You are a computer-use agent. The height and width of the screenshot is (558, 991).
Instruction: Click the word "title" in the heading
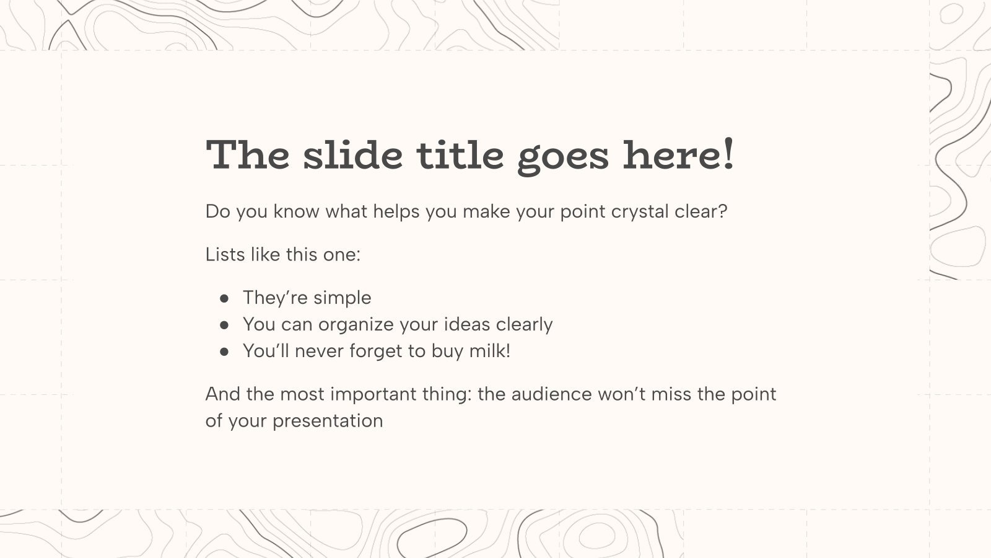coord(460,154)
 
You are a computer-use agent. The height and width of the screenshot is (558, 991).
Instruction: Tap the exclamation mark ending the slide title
coord(728,153)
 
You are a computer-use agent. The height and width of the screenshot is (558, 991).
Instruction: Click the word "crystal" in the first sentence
coord(640,212)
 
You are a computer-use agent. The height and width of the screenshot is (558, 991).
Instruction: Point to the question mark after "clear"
coord(722,211)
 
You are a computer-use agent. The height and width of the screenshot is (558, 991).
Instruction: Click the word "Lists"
coord(225,255)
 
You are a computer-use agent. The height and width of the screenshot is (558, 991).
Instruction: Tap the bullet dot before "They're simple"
coord(224,299)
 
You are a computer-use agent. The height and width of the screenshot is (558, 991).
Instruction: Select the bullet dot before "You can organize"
coord(224,325)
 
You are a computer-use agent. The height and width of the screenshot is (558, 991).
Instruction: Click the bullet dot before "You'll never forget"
coord(224,352)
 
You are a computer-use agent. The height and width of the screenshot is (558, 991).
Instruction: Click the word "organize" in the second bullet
coord(356,325)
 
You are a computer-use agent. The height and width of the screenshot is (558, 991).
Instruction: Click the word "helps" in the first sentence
coord(396,212)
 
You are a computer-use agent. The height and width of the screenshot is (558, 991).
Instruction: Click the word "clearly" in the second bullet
coord(524,325)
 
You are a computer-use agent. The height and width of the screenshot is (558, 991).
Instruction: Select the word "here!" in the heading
coord(678,154)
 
